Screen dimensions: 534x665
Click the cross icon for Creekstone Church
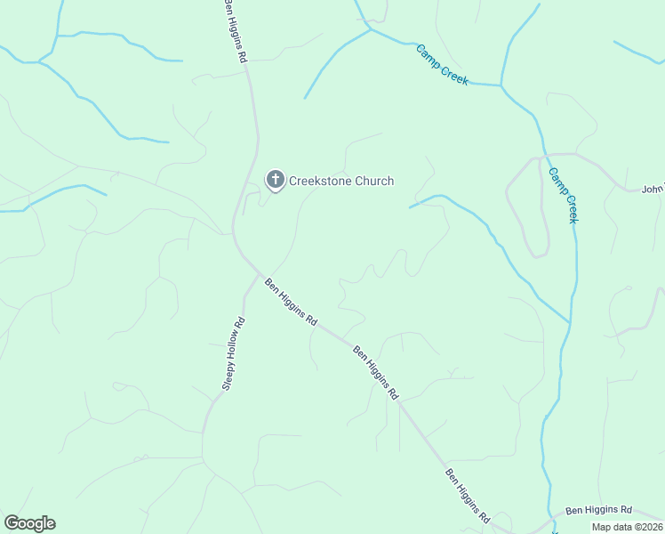[276, 180]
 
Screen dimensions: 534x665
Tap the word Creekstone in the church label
[321, 181]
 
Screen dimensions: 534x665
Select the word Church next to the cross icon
[374, 181]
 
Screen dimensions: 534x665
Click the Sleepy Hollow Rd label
[233, 352]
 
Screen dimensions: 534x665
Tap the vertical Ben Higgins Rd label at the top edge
[236, 30]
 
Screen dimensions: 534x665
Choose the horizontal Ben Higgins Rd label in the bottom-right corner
[598, 510]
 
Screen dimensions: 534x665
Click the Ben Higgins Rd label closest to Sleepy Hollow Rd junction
[292, 303]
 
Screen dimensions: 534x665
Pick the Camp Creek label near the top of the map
[442, 64]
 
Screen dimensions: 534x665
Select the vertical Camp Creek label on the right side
[564, 195]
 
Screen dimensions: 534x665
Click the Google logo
[29, 523]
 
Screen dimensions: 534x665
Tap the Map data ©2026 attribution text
[627, 527]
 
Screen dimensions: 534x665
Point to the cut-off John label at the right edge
[653, 189]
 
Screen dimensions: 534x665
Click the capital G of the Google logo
[12, 522]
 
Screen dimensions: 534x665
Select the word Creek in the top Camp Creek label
[453, 73]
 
